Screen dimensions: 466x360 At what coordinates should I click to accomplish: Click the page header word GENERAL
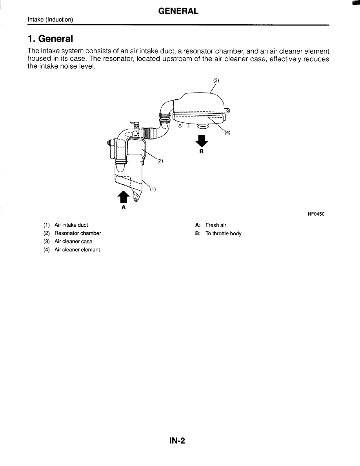coord(178,11)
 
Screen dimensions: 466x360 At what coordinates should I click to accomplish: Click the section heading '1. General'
coord(50,39)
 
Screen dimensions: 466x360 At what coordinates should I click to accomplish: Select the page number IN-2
coord(177,441)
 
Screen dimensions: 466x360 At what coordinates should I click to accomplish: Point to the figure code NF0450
coord(316,214)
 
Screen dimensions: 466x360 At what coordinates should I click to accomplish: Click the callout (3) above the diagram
coord(216,80)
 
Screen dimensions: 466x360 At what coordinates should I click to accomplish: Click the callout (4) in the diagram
coord(227,132)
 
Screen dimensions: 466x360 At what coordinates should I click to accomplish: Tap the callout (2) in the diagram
coord(160,161)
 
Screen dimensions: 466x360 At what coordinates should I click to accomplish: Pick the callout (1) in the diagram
coord(153,189)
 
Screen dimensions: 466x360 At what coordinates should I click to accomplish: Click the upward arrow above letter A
coord(123,197)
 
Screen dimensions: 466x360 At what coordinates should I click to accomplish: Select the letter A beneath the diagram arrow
coord(124,207)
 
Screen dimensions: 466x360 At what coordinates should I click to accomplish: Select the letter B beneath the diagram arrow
coord(202,151)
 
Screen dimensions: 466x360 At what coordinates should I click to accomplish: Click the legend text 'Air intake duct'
coord(71,225)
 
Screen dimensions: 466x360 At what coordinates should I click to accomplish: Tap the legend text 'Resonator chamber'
coord(78,233)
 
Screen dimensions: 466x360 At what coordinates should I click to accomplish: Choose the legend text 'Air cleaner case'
coord(73,242)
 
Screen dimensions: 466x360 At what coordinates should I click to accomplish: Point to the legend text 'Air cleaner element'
coord(77,250)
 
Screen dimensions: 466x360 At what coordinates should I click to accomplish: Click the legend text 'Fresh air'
coord(216,225)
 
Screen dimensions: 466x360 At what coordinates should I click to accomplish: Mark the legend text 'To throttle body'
coord(223,233)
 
